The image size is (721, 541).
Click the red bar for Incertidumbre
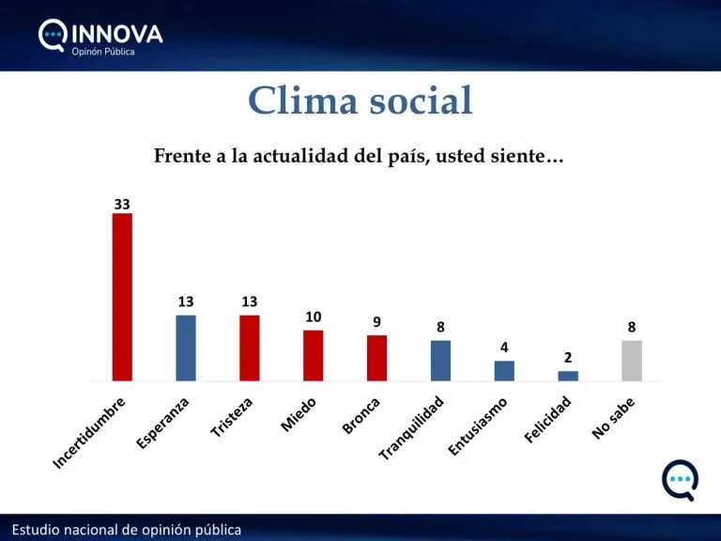(x=122, y=297)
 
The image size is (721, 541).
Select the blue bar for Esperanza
(x=186, y=348)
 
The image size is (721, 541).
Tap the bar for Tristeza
(x=249, y=348)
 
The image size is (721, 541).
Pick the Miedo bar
(x=313, y=355)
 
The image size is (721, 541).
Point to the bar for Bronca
(x=376, y=358)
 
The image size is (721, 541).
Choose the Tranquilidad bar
(x=440, y=361)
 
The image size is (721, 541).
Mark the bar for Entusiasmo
(x=504, y=371)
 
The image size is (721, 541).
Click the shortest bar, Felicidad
(x=568, y=376)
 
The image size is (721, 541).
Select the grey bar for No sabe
(x=632, y=361)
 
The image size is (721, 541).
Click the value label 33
(x=122, y=203)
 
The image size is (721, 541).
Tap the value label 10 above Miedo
(x=313, y=317)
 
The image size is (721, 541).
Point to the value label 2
(x=568, y=357)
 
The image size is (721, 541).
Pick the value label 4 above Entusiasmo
(x=504, y=348)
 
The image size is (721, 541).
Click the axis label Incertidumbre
(x=89, y=433)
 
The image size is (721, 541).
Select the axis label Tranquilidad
(x=418, y=428)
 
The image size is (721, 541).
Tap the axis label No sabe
(x=615, y=418)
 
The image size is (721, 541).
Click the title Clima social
(x=360, y=101)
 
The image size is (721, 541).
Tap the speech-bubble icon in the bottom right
(x=680, y=480)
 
